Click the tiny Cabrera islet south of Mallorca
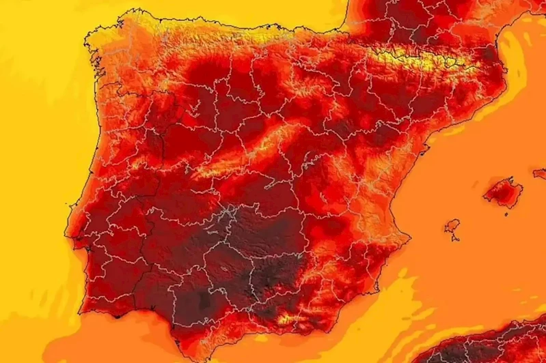504,207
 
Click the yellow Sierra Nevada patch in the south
287,318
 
